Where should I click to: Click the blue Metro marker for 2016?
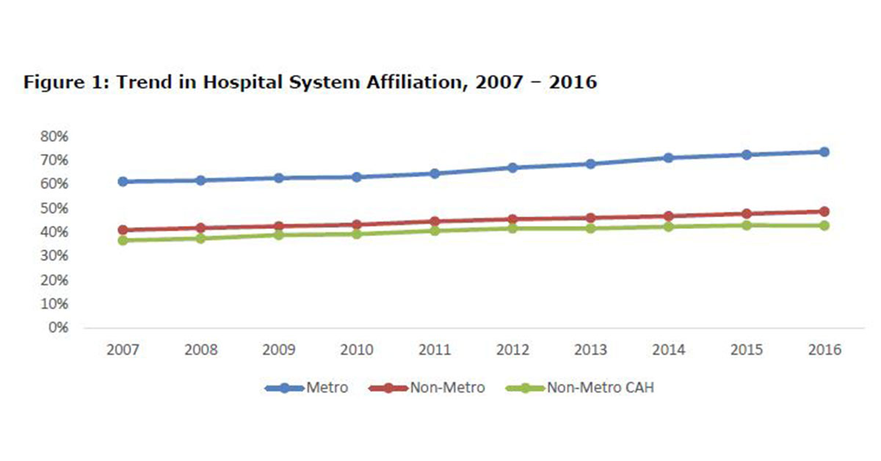tap(824, 152)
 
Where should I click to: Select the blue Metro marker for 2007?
tap(123, 181)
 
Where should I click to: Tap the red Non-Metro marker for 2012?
tap(512, 219)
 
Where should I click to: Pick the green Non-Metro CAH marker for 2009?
tap(278, 235)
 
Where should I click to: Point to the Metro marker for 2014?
tap(668, 158)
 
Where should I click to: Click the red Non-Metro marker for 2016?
tap(824, 211)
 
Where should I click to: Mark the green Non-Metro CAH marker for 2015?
tap(746, 225)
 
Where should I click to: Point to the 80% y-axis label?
tap(54, 136)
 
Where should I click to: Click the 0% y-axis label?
tap(58, 327)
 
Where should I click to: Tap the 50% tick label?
tap(54, 208)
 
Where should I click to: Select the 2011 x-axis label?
tap(435, 349)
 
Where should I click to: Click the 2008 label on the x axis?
tap(200, 349)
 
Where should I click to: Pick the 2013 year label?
tap(590, 349)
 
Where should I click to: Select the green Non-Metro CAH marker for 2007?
tap(123, 240)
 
